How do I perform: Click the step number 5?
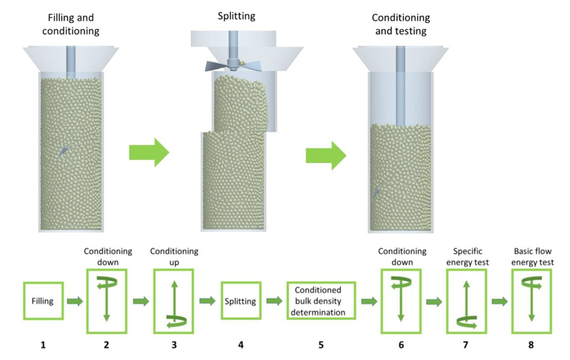pos(321,344)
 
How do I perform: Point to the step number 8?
pos(531,344)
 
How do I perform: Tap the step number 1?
pos(43,344)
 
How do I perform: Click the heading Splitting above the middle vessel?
pos(236,16)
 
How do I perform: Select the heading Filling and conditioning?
pos(71,24)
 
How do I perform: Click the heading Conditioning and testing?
pos(401,24)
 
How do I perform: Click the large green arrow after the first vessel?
pos(149,153)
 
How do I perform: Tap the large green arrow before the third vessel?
pos(325,156)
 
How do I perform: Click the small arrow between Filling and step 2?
pos(75,301)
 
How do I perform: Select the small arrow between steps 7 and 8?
pos(500,301)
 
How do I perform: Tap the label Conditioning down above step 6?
pos(402,257)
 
